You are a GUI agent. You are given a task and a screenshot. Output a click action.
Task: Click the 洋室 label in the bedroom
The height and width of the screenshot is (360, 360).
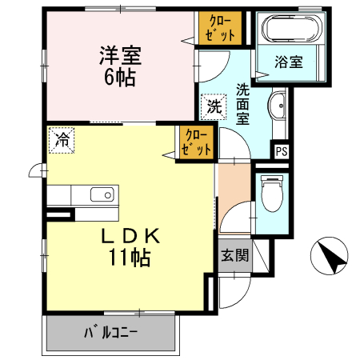pos(121,56)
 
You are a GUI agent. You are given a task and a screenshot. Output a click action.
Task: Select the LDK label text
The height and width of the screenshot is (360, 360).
pos(132,237)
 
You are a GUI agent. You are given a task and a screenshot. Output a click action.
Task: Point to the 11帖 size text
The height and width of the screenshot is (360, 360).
pos(129,258)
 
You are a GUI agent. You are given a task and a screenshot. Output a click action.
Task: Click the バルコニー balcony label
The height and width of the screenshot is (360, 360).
pos(112,331)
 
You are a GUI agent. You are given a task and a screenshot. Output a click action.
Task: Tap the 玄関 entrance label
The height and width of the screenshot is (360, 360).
pos(234,257)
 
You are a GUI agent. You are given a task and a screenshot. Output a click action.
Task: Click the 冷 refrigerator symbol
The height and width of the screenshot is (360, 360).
pos(62,140)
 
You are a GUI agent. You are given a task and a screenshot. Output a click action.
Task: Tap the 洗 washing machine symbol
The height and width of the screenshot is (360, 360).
pos(213,105)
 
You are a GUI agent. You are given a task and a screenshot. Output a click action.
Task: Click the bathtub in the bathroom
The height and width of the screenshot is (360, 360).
pos(290,30)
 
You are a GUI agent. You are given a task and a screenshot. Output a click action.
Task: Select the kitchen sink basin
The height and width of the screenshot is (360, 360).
pos(101,196)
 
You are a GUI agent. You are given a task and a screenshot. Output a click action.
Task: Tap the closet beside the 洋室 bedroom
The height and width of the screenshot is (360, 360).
pos(217,29)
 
